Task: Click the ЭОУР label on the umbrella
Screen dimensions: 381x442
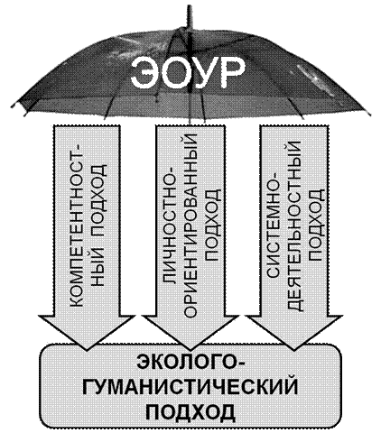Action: (188, 73)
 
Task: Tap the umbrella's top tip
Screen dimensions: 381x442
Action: (190, 6)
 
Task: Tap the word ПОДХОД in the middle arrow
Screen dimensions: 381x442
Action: (212, 225)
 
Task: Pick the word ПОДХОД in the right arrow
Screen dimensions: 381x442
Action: (316, 225)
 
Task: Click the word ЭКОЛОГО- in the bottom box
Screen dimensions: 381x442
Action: (190, 363)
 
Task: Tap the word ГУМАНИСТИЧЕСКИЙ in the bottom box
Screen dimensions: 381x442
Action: (190, 387)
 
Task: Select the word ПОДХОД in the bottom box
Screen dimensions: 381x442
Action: (190, 410)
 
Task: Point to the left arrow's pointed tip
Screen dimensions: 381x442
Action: (87, 350)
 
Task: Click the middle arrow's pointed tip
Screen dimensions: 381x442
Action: (190, 350)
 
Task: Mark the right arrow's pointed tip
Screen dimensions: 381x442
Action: (294, 350)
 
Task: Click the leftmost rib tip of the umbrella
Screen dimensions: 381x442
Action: (12, 106)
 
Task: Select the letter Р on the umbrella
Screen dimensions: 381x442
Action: (232, 73)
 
